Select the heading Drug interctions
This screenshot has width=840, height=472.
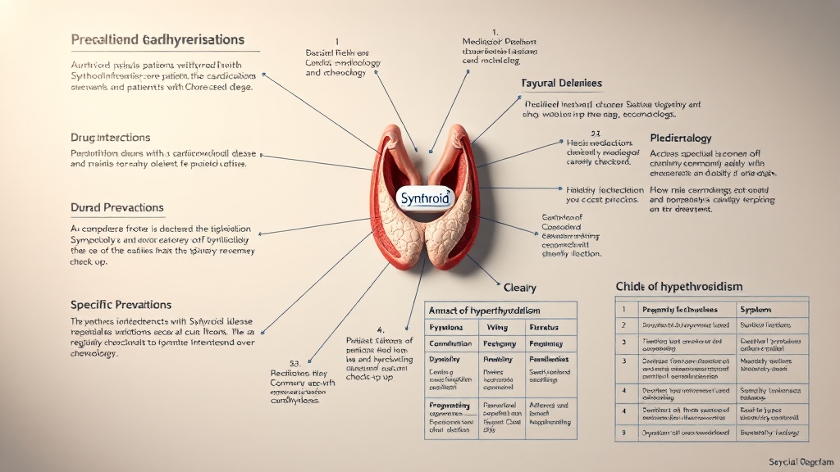pyautogui.click(x=111, y=138)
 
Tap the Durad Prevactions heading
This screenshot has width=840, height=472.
pyautogui.click(x=116, y=208)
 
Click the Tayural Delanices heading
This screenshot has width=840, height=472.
pyautogui.click(x=562, y=84)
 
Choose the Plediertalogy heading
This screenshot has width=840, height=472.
pyautogui.click(x=680, y=138)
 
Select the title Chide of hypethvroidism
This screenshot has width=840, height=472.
pyautogui.click(x=678, y=286)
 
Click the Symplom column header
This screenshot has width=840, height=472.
pyautogui.click(x=756, y=310)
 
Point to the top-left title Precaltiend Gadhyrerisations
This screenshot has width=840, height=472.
pyautogui.click(x=157, y=39)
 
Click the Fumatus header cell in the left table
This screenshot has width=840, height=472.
pyautogui.click(x=546, y=327)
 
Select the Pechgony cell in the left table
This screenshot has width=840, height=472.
pyautogui.click(x=499, y=343)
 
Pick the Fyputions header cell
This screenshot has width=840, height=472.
pyautogui.click(x=448, y=327)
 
